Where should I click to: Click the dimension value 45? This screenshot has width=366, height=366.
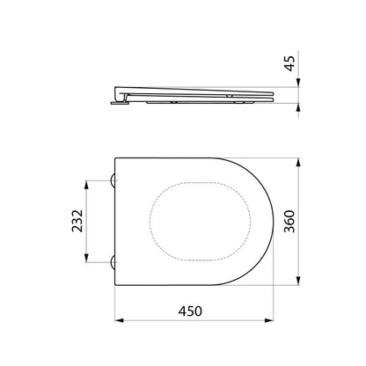click(x=289, y=63)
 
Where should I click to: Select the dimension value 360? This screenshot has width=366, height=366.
click(x=289, y=222)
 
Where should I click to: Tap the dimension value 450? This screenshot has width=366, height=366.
click(x=190, y=311)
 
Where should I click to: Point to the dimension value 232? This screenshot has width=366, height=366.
click(x=77, y=221)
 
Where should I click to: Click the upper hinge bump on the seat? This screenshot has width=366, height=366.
click(x=113, y=180)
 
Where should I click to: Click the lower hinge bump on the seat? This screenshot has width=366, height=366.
click(x=113, y=262)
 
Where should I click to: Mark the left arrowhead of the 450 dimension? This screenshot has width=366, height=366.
click(x=119, y=320)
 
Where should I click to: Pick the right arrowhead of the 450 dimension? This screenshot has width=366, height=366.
click(x=269, y=320)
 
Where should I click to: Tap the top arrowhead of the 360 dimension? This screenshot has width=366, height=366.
click(x=298, y=163)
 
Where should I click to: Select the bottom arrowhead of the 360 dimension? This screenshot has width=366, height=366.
click(x=298, y=281)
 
